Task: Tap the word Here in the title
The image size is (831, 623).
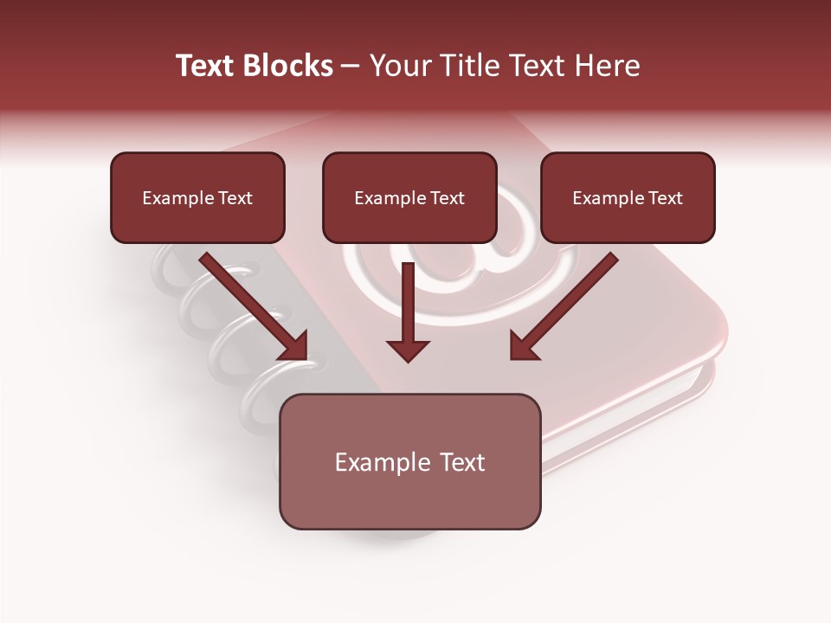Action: (x=607, y=66)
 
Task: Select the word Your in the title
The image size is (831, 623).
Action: (x=399, y=66)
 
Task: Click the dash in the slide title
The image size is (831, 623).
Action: (x=351, y=67)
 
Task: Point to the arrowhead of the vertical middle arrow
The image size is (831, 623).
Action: (x=408, y=350)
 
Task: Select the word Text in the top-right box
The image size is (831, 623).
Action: (x=665, y=198)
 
